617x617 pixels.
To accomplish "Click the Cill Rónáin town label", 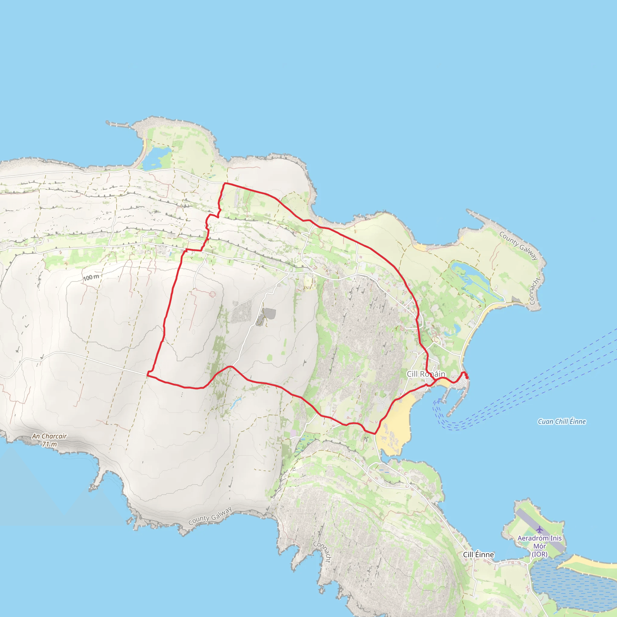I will (426, 374).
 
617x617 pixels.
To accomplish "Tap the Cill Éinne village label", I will (478, 555).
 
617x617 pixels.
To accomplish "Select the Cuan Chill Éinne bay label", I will (562, 421).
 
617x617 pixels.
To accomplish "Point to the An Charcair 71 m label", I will (49, 440).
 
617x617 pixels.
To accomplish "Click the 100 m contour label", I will (91, 277).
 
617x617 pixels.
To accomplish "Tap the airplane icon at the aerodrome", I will (539, 530).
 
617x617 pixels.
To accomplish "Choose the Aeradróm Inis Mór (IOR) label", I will (539, 546).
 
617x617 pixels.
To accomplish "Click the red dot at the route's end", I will (467, 377).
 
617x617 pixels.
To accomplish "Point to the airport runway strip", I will (540, 530).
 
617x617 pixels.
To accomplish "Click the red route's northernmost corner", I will (225, 184).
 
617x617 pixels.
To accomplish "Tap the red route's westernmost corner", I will (148, 373).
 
